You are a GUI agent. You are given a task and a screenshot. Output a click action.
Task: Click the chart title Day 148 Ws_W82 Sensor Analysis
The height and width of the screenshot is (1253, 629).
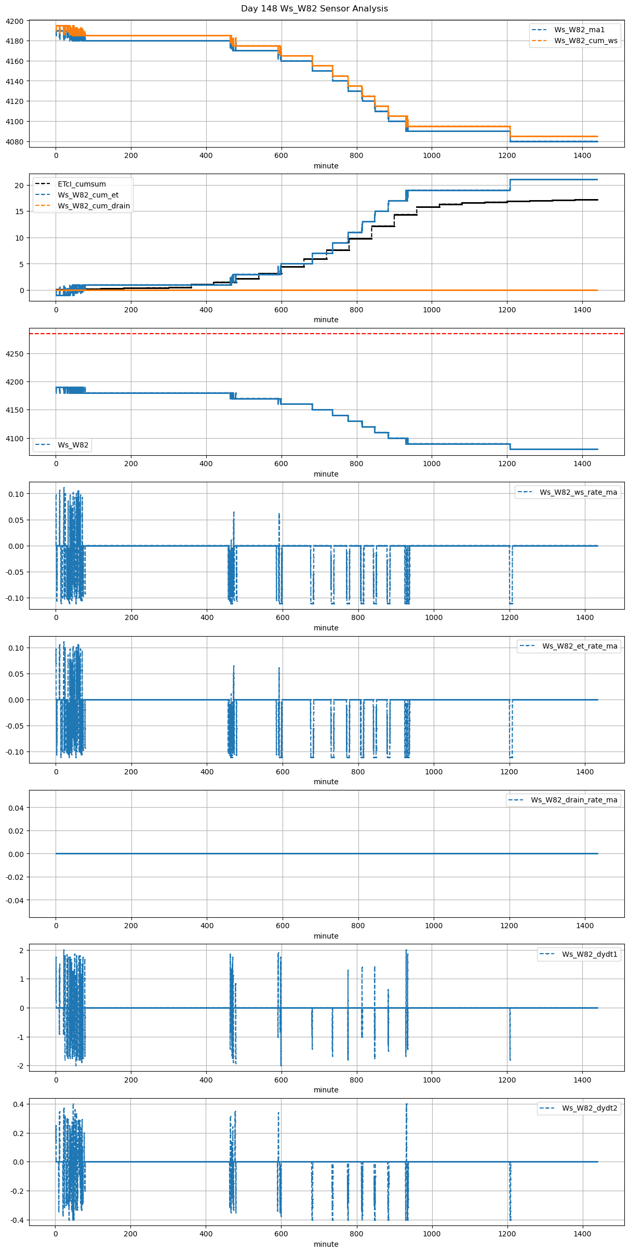314,9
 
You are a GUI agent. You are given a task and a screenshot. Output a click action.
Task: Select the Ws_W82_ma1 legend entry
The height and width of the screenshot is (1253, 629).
579,30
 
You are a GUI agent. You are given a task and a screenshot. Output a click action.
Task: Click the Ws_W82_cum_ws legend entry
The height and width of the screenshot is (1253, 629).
585,41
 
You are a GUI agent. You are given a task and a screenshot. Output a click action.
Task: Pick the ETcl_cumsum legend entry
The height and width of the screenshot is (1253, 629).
82,184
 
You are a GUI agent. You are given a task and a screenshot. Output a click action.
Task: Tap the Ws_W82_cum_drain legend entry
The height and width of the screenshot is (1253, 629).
93,206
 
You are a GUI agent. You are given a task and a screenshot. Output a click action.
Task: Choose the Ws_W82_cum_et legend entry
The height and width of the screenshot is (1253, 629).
88,195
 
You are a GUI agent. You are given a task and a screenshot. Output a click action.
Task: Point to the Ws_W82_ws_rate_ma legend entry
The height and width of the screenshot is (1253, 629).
578,492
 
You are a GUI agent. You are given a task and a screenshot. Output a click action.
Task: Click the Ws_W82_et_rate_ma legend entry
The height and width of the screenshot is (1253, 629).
580,646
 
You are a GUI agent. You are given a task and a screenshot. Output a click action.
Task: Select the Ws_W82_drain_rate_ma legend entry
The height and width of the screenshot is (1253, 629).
574,800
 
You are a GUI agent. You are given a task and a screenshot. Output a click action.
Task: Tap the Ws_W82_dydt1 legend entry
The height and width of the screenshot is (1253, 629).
590,954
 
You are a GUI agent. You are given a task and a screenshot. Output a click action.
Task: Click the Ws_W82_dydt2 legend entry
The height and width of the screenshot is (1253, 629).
590,1109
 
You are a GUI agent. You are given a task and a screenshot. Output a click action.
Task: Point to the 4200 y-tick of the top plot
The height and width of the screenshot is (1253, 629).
15,21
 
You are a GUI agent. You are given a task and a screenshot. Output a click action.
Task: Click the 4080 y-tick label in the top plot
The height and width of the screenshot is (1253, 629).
15,142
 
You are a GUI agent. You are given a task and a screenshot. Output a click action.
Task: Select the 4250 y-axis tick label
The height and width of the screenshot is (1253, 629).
15,354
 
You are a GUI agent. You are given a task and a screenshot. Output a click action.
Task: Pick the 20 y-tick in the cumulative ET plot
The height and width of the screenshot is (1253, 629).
19,186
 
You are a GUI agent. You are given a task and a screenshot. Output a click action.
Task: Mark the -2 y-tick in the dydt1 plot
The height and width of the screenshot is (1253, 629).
20,1066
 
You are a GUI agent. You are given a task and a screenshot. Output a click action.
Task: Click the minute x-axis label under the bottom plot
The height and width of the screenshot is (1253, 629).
326,1244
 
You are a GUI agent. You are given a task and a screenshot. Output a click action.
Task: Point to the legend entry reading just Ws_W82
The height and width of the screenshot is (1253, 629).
73,445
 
